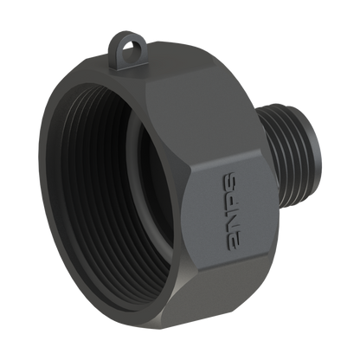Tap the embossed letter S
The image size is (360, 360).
click(229, 182)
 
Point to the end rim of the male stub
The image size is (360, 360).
click(313, 150)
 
